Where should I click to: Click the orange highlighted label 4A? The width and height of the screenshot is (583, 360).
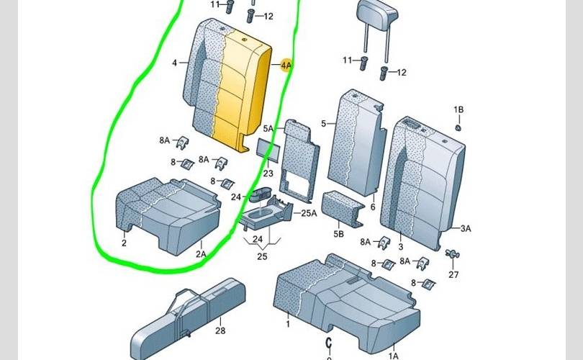(x=286, y=66)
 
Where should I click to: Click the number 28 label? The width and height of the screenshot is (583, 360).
(x=220, y=330)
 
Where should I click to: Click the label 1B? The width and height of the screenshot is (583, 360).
(x=458, y=109)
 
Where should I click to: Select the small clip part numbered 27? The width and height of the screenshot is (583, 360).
(x=452, y=253)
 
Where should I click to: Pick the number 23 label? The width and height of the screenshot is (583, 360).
(x=268, y=173)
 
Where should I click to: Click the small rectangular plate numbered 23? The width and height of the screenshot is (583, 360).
(x=268, y=148)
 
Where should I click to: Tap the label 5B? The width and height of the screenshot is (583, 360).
(x=338, y=234)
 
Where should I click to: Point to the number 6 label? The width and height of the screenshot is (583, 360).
(x=373, y=207)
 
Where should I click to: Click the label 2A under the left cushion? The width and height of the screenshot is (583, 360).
(x=201, y=253)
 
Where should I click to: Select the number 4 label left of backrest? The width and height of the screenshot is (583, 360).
(x=174, y=63)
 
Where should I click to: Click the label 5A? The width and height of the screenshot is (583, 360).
(x=268, y=128)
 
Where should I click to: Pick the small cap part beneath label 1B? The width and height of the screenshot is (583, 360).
(x=458, y=127)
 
